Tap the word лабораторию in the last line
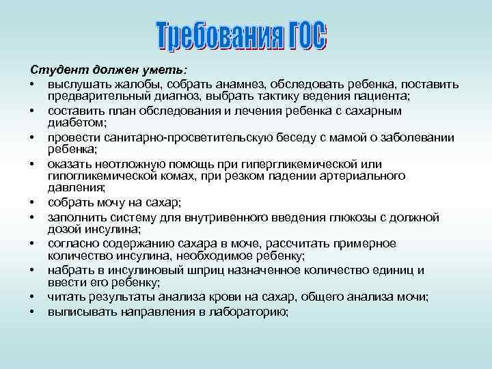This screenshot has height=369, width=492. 245,311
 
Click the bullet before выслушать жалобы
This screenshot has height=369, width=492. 32,84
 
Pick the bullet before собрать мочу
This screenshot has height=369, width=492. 32,203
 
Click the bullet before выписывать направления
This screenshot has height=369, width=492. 32,311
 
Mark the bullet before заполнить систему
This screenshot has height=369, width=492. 32,217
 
